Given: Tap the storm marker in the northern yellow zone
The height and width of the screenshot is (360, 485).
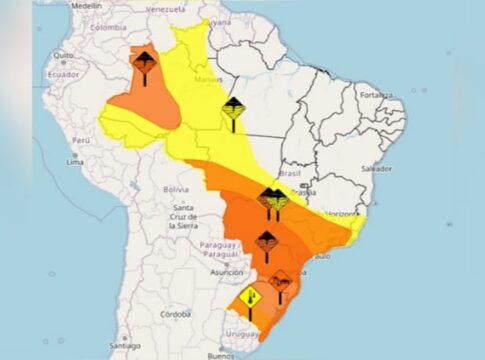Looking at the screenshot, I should [x=233, y=111].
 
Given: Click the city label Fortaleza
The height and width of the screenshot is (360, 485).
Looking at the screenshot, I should [x=378, y=95].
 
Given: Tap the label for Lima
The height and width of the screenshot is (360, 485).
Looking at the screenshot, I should [x=74, y=160].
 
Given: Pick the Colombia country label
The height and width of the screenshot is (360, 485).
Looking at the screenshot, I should [x=109, y=27].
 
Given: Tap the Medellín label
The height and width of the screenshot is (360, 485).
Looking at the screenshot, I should [x=87, y=5].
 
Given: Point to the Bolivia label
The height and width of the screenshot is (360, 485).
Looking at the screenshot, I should [x=176, y=189].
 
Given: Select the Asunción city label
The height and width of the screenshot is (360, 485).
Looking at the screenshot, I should [x=227, y=271].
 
